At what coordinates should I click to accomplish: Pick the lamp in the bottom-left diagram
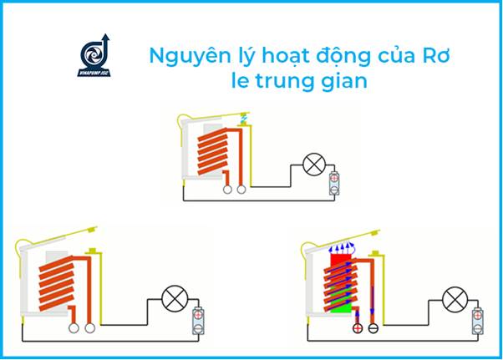(175, 297)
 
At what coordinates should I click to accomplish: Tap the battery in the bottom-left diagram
(200, 322)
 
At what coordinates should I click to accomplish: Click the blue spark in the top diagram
(243, 119)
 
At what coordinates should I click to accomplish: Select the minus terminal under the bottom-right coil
(373, 328)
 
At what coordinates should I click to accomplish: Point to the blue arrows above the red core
(342, 247)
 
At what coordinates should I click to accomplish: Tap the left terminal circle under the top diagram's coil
(227, 190)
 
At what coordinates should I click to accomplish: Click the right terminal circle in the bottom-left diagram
(89, 328)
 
